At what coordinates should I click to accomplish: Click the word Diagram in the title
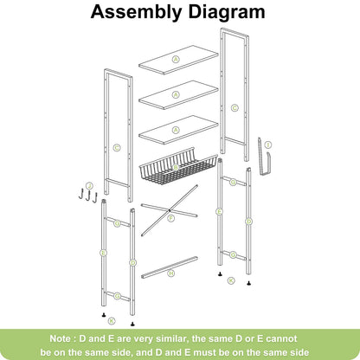point(227,13)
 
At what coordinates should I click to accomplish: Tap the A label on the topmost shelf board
point(176,60)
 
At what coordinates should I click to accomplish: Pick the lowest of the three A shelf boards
point(176,129)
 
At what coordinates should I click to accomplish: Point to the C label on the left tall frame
point(116,147)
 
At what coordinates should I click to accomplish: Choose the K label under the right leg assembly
point(230,280)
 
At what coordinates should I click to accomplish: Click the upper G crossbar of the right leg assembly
point(234,183)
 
